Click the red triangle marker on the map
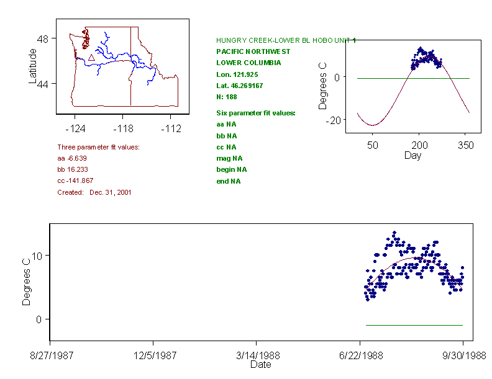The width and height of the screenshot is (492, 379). pos(91,58)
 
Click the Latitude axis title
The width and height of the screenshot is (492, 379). pos(33,66)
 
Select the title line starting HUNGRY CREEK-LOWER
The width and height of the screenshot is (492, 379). pos(286,40)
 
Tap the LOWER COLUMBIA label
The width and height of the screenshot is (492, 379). pos(248,63)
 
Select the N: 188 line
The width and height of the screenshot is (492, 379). pos(226,97)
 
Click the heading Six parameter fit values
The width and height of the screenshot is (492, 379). pos(255,113)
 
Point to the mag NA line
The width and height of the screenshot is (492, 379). pos(229,158)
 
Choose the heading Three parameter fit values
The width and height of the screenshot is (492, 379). pos(98,147)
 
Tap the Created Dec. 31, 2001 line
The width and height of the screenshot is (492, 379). pos(94,192)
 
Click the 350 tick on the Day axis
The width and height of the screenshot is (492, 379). pos(465,145)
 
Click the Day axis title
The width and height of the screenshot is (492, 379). pos(412,155)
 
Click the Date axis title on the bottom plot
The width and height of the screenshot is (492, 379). pos(260,365)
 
